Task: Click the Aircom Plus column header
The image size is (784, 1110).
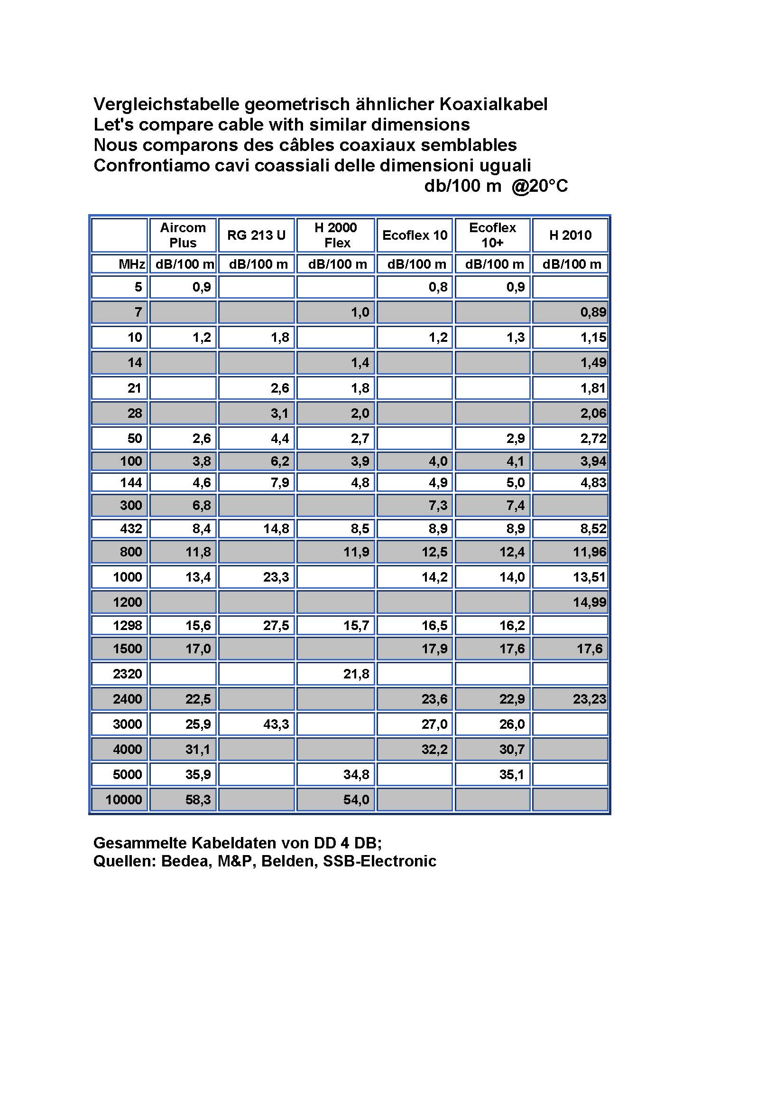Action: coord(183,235)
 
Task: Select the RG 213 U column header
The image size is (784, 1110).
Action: coord(256,235)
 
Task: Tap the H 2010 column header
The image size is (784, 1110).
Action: coord(570,235)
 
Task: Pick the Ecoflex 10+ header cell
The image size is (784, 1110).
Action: coord(492,235)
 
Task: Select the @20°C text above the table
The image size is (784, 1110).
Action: coord(540,186)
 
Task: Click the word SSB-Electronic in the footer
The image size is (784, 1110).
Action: coord(380,861)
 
